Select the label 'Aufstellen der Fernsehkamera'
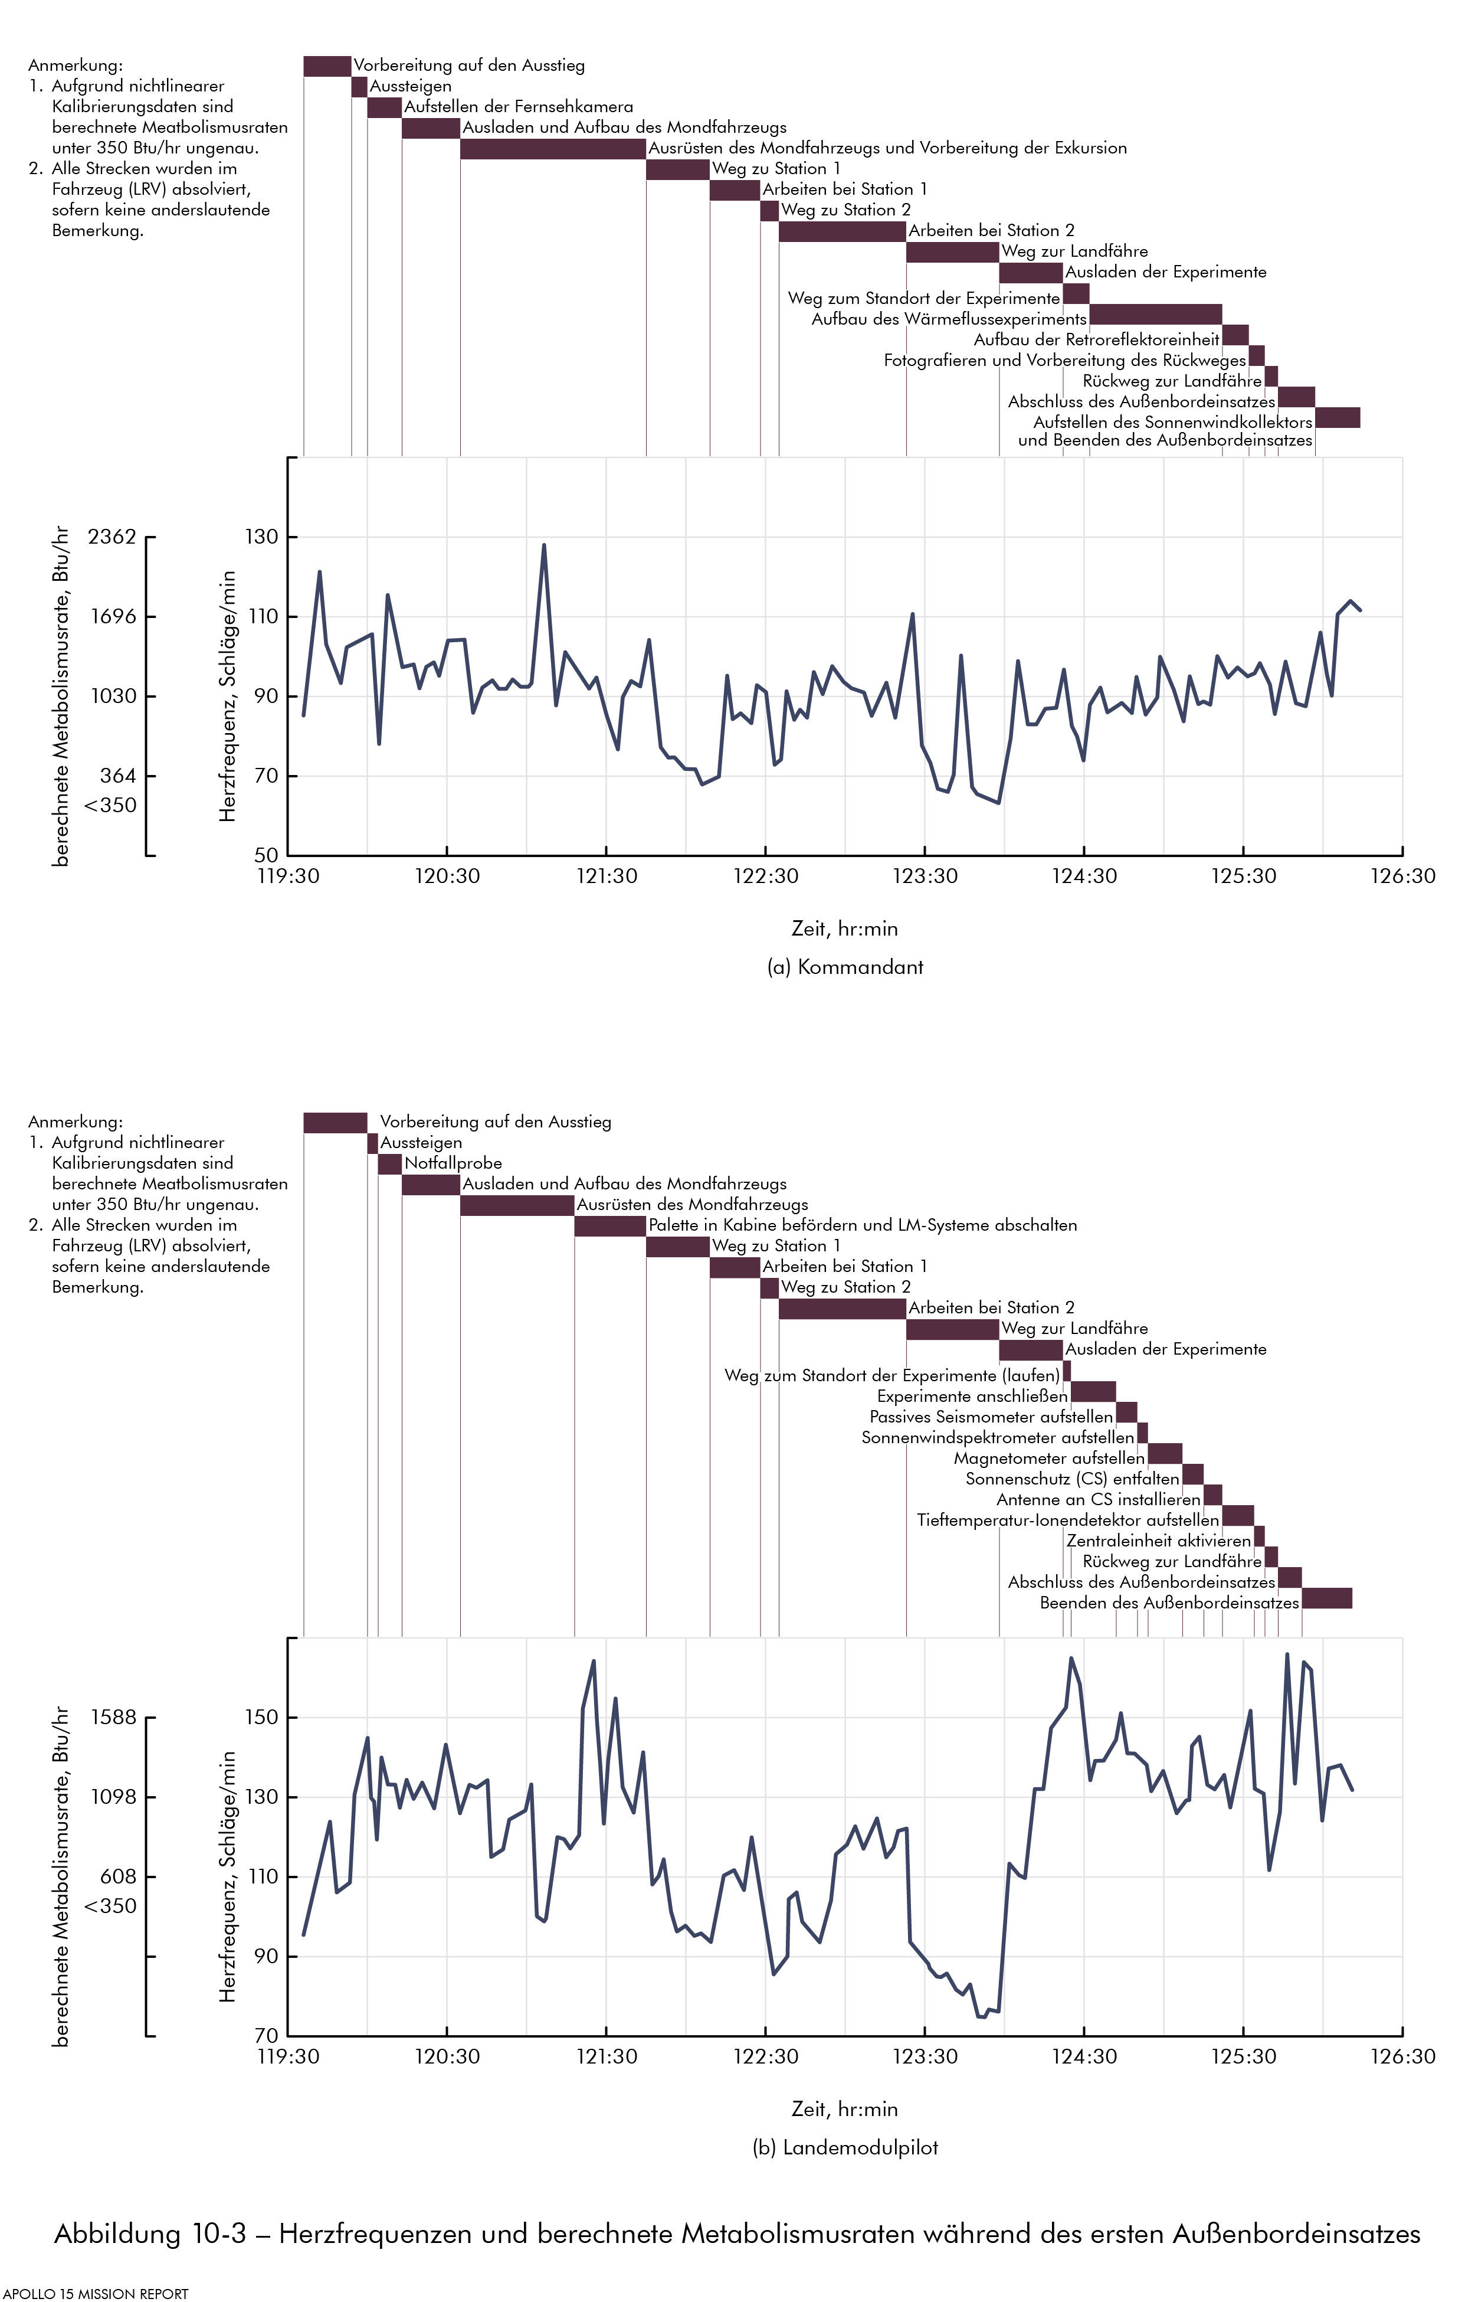pyautogui.click(x=518, y=106)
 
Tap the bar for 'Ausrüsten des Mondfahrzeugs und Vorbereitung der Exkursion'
pyautogui.click(x=553, y=149)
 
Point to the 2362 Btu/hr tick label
pyautogui.click(x=112, y=537)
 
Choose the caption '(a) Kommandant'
pyautogui.click(x=845, y=967)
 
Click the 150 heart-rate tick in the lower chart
pyautogui.click(x=261, y=1716)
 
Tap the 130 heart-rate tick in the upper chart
pyautogui.click(x=261, y=537)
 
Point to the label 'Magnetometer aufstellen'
pyautogui.click(x=1049, y=1458)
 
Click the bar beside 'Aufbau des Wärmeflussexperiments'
pyautogui.click(x=1155, y=314)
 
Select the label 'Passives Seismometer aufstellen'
pyautogui.click(x=991, y=1417)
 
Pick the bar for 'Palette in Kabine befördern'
pyautogui.click(x=610, y=1225)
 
